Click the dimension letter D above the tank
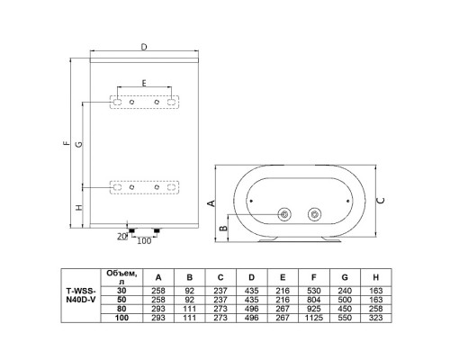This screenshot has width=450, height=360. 144,48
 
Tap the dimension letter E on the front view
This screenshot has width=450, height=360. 144,83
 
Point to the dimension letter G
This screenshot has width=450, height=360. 78,144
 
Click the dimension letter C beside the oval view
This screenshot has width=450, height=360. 381,201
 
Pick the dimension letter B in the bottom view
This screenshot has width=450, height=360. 223,229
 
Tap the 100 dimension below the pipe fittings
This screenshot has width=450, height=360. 144,240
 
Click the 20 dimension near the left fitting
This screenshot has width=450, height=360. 122,237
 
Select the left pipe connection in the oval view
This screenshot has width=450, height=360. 284,214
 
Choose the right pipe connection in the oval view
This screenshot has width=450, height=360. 315,214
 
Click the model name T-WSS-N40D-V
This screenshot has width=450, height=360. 81,295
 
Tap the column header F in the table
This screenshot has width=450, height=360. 314,277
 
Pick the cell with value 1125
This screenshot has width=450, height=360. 314,318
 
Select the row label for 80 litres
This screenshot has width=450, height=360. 121,309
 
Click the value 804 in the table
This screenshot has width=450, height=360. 314,300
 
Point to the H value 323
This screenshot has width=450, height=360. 376,318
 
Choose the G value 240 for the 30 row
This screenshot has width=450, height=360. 345,291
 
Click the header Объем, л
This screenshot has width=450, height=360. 121,277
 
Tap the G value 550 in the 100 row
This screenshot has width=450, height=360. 345,318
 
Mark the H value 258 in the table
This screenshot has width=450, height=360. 376,309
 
